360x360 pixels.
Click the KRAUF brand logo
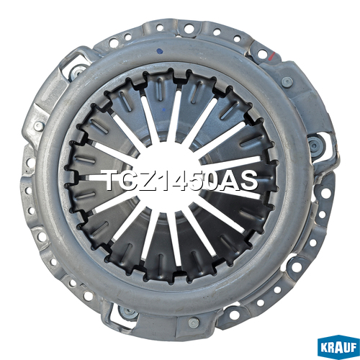point(338,348)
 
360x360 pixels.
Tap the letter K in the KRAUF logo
point(325,348)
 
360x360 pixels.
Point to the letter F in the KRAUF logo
point(353,348)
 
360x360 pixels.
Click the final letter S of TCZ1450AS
point(248,180)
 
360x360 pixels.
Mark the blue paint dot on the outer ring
point(159,51)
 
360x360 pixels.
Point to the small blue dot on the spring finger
point(164,109)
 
